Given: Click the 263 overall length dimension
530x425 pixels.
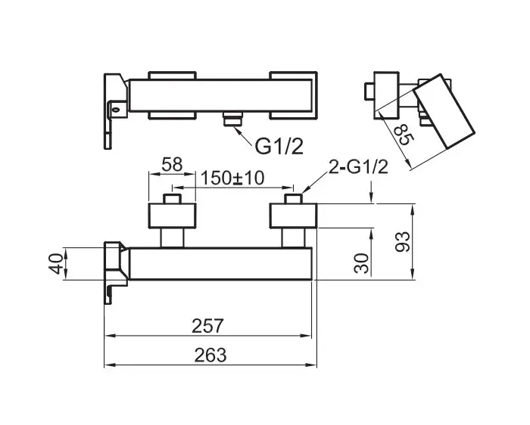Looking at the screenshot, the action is coord(210,355).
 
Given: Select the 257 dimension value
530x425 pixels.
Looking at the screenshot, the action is coord(207,326).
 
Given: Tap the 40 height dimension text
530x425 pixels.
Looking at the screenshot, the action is coord(56,264).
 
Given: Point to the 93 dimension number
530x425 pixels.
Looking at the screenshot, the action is coord(402,242).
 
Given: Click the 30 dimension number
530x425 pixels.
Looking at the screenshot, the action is coord(361,263).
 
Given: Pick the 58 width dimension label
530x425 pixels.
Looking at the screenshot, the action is coord(172,164).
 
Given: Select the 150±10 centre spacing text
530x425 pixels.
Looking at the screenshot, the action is coord(232,178).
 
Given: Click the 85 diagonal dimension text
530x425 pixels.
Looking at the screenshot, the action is coord(404,135).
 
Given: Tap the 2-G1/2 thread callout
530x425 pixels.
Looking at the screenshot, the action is coord(358,167).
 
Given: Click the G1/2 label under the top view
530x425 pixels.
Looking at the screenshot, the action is coord(279,146).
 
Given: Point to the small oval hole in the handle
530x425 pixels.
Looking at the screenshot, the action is coord(117,110).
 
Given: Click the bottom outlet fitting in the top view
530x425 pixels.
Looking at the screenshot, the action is coord(233,119).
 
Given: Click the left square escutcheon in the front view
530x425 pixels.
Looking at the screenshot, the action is coord(173,216).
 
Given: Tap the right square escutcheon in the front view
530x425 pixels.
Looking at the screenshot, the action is coord(293,216).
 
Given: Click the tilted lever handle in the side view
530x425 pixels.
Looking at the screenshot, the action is coord(444,111).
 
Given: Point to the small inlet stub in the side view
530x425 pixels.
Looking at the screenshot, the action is coord(369,92).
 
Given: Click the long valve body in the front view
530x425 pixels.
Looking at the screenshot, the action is coord(220,264).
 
